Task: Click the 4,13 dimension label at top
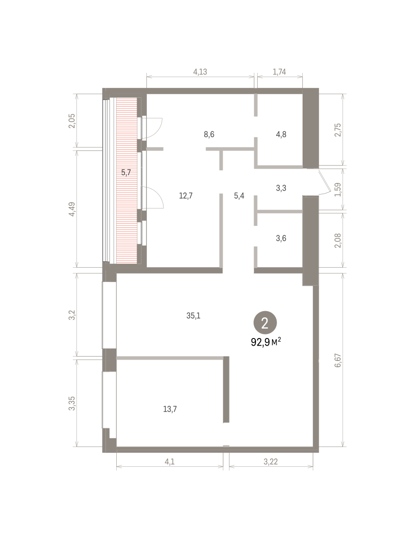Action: pyautogui.click(x=200, y=72)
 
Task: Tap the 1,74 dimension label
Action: pyautogui.click(x=279, y=72)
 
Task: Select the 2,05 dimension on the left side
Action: pyautogui.click(x=72, y=121)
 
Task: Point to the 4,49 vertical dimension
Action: pyautogui.click(x=72, y=209)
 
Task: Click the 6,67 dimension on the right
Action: pyautogui.click(x=338, y=360)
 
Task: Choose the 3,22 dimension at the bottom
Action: pyautogui.click(x=270, y=462)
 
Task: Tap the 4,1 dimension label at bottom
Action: pyautogui.click(x=170, y=462)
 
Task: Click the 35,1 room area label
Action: pyautogui.click(x=194, y=316)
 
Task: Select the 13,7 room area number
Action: pyautogui.click(x=170, y=409)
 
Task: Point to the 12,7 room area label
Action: pyautogui.click(x=186, y=196)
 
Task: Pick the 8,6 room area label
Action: pyautogui.click(x=209, y=134)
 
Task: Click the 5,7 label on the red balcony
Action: pyautogui.click(x=126, y=173)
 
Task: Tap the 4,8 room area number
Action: pyautogui.click(x=281, y=134)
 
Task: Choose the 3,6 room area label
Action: pyautogui.click(x=281, y=238)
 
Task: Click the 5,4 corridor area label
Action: pyautogui.click(x=239, y=196)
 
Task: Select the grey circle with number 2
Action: pyautogui.click(x=265, y=323)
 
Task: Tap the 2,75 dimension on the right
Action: pyautogui.click(x=338, y=130)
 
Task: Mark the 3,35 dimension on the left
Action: pyautogui.click(x=72, y=403)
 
